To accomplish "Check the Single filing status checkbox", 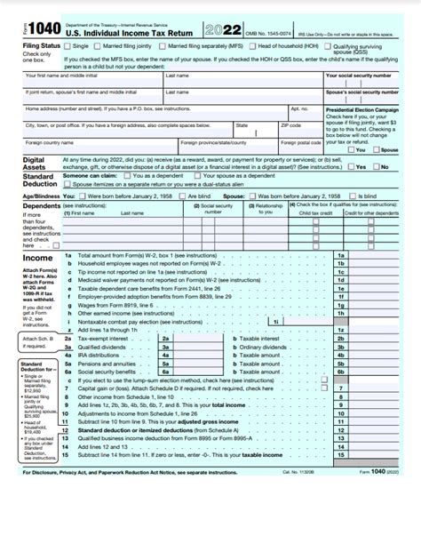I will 68,44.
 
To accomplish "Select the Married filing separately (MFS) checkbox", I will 163,44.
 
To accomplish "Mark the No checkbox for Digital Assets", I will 376,166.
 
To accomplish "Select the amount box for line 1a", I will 382,256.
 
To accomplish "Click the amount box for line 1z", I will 382,329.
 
